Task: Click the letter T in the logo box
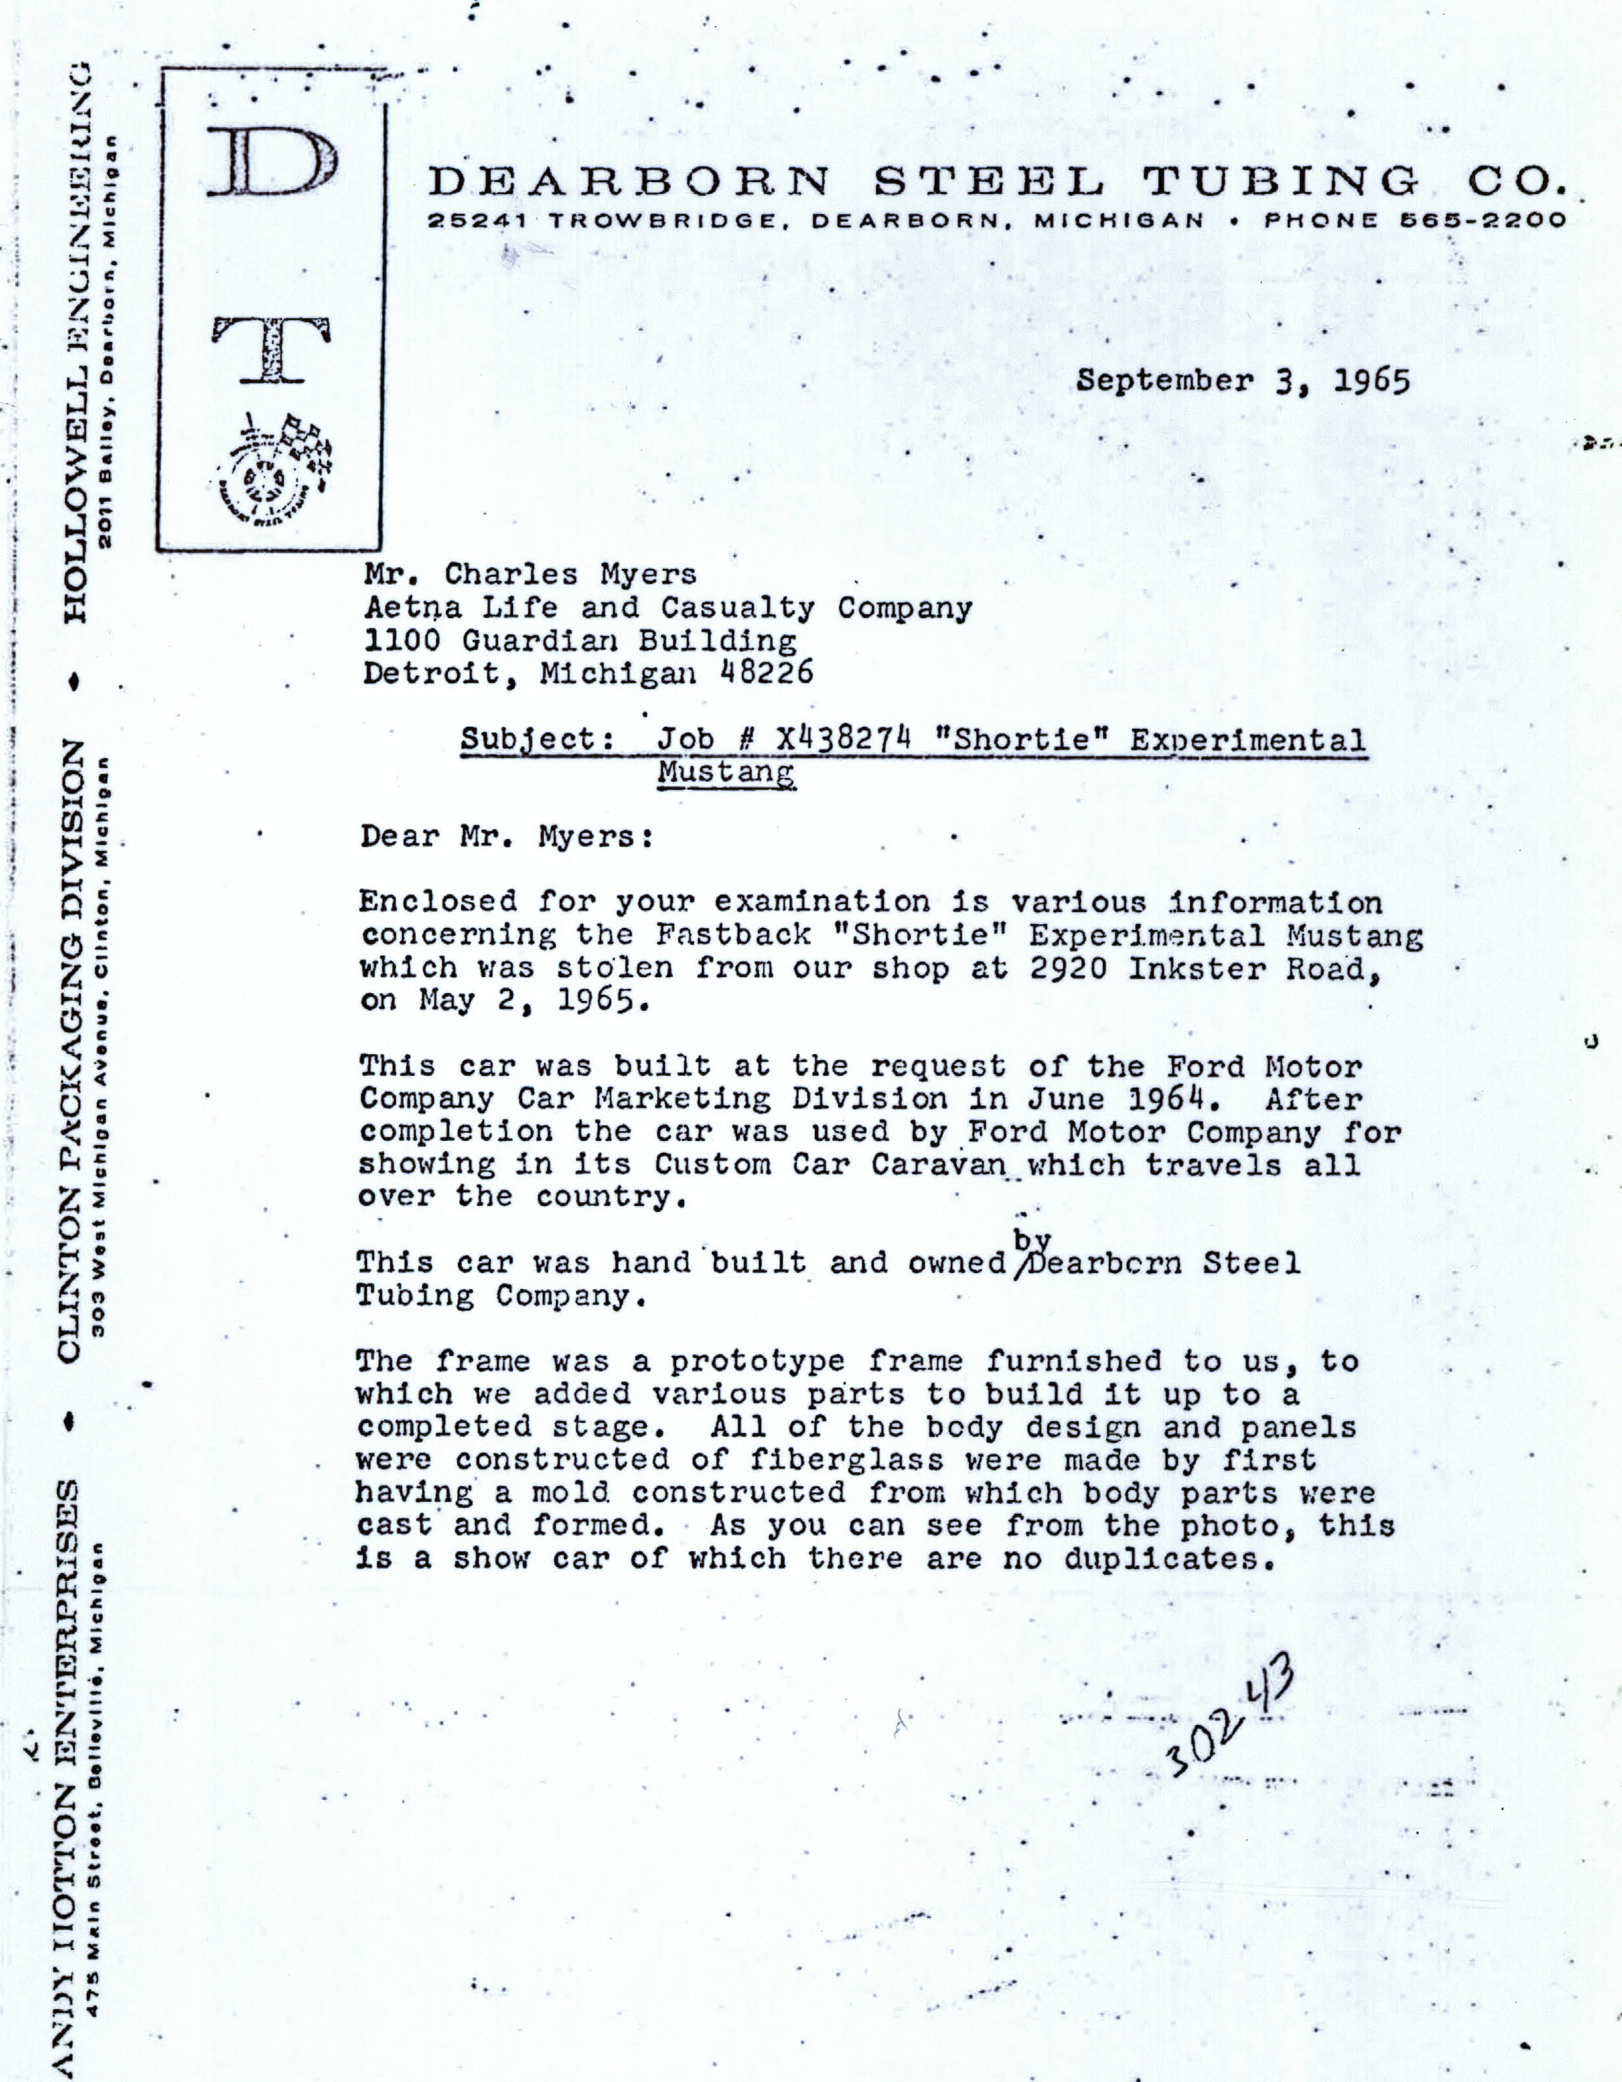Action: (272, 348)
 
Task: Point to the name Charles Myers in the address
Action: (570, 575)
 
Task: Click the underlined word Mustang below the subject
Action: (725, 771)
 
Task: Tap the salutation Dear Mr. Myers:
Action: (505, 837)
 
